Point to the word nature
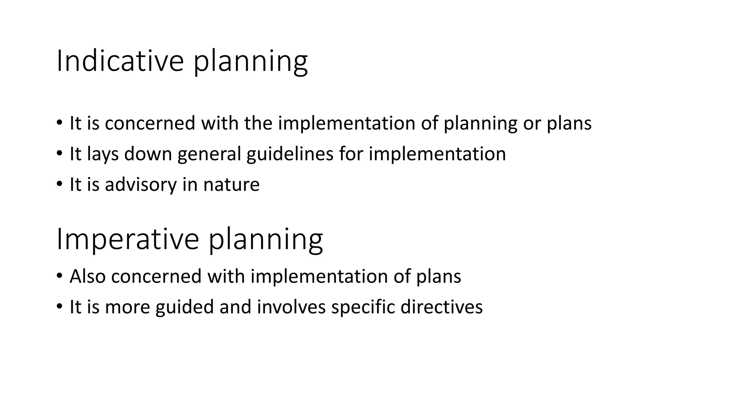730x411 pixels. (231, 184)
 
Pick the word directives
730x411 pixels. (442, 307)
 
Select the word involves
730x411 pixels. (291, 307)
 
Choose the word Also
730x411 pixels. (88, 276)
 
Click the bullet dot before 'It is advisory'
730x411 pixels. (59, 184)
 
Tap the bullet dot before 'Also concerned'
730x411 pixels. (59, 276)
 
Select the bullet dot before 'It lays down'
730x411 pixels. (59, 154)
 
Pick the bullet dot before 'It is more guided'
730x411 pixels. (59, 307)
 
